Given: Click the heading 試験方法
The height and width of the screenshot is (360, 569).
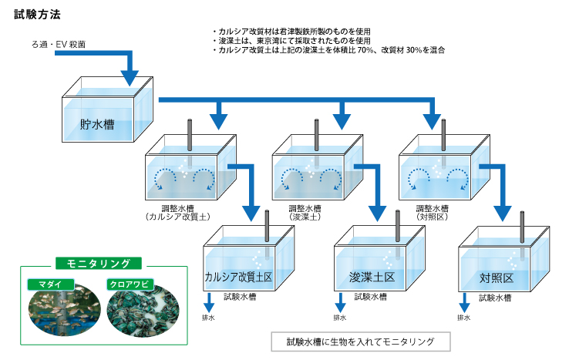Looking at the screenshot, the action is tap(37, 15).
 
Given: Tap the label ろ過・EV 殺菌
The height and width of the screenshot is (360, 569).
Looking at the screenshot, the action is tap(59, 44).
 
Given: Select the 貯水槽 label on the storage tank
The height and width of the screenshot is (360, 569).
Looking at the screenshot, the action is tap(97, 124).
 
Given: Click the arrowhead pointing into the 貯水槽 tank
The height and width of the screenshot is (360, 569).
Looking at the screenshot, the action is tap(130, 78).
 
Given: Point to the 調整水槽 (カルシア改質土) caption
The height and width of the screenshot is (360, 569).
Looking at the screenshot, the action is tap(178, 213).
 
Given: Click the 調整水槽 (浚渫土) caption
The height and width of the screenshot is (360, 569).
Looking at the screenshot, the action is tap(305, 213).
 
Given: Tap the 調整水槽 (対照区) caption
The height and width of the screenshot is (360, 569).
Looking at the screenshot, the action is tap(433, 213).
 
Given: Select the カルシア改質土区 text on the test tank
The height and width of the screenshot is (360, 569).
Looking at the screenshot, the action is tap(238, 278).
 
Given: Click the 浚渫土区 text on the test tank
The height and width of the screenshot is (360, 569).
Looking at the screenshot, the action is tap(372, 278).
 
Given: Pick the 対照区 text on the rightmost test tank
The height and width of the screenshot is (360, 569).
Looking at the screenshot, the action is tap(497, 278).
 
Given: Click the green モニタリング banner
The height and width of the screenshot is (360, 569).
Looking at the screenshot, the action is tap(99, 264).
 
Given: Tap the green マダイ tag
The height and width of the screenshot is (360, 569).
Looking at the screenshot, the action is tap(50, 284).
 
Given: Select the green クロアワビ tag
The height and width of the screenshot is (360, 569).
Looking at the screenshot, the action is tap(130, 284).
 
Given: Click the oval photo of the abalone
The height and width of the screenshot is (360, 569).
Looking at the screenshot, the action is tap(143, 311).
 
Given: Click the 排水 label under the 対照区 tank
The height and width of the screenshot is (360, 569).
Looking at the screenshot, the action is tap(464, 318).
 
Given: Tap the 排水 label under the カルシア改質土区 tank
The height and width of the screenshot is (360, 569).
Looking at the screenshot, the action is tap(208, 318).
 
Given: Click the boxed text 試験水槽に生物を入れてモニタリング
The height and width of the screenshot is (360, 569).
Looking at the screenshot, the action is tap(361, 341).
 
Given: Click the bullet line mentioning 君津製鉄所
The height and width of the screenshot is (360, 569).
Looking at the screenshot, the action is tap(291, 32).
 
